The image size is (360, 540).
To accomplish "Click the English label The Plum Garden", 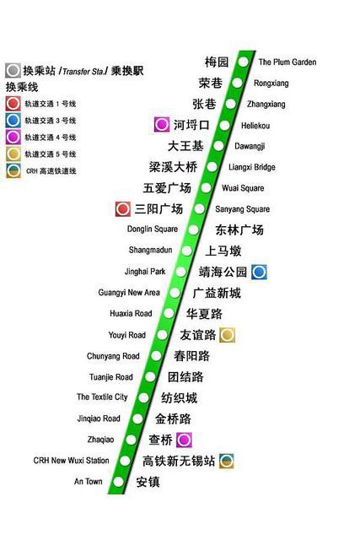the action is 287,62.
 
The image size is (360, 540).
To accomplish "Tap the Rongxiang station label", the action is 271,83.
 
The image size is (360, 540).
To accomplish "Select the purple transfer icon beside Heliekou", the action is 161,125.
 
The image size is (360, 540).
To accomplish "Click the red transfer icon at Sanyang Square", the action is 123,208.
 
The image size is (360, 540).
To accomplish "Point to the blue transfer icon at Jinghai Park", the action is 259,272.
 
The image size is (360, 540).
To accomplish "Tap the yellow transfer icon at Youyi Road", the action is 227,335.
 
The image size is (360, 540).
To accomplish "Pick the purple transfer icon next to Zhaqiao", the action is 184,440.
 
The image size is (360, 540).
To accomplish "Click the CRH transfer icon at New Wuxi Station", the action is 226,461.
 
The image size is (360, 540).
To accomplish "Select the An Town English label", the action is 88,482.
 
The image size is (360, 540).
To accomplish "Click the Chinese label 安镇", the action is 148,482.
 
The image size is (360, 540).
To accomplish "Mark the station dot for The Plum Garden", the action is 244,62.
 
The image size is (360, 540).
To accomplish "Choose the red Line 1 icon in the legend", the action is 13,104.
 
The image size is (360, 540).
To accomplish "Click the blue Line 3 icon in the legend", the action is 13,121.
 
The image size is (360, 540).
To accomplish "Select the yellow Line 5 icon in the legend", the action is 13,154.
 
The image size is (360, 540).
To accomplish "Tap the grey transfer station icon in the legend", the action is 13,71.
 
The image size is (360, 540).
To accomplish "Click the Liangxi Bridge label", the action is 251,167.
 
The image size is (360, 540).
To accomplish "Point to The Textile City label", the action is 102,397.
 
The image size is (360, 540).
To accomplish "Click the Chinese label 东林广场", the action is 239,229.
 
